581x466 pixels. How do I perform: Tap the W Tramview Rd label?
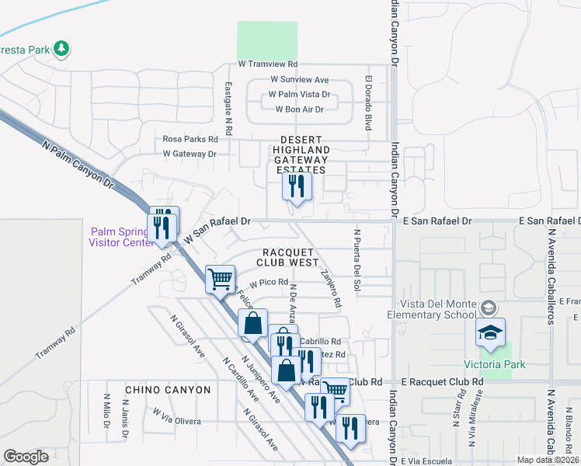[x=268, y=64]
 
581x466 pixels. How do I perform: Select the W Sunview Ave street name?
[x=300, y=79]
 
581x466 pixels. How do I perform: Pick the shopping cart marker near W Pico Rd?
[x=221, y=278]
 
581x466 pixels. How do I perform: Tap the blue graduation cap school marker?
[x=490, y=332]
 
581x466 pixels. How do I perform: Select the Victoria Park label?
[x=495, y=364]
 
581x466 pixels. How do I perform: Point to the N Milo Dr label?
[x=106, y=411]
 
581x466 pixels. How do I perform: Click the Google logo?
[x=26, y=457]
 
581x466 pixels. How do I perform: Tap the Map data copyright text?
[x=548, y=460]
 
